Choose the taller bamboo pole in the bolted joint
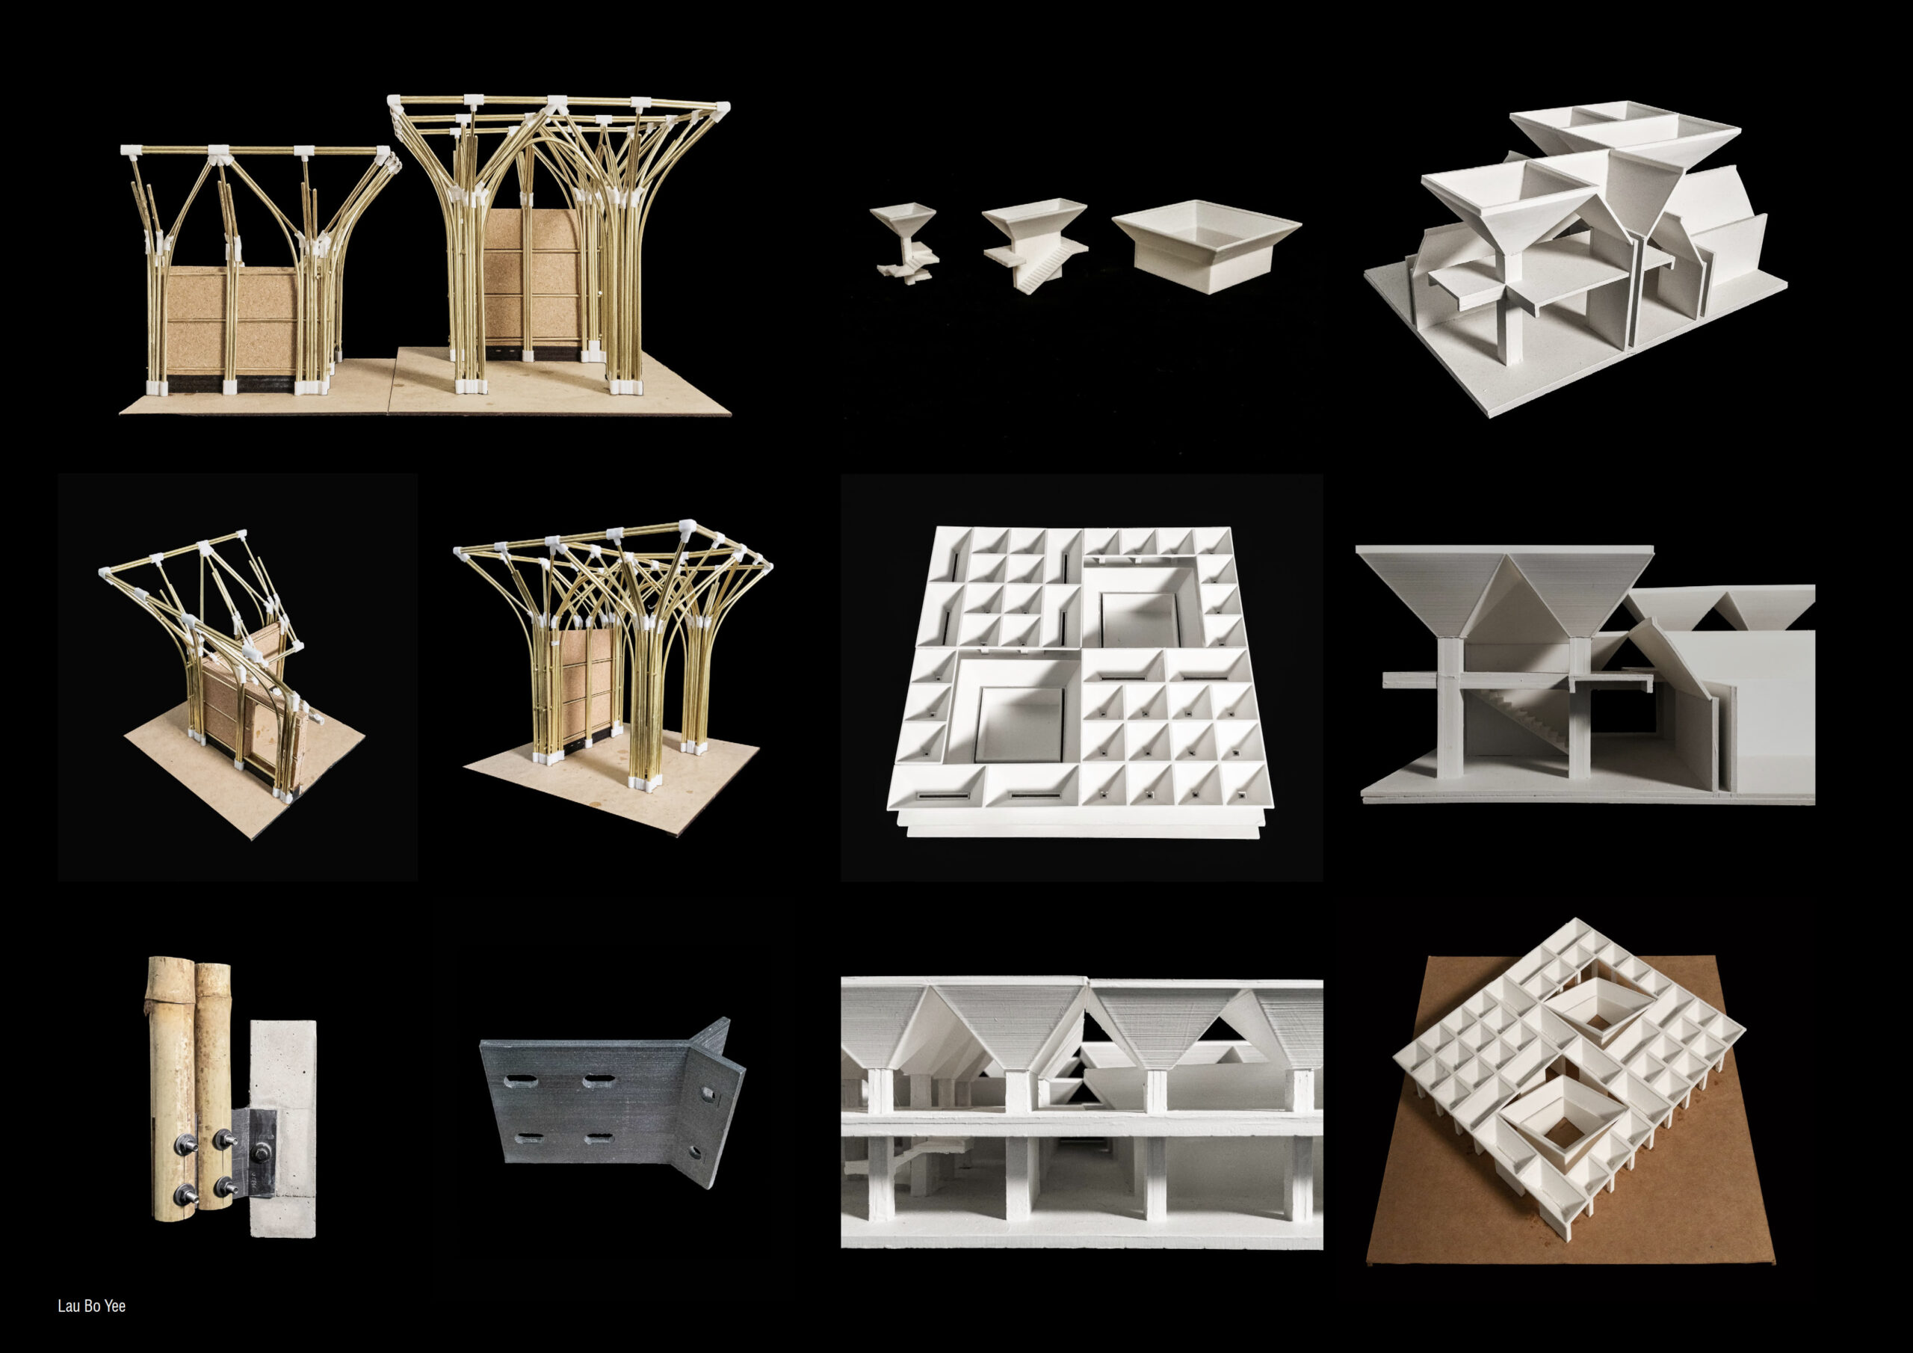click(167, 1100)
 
